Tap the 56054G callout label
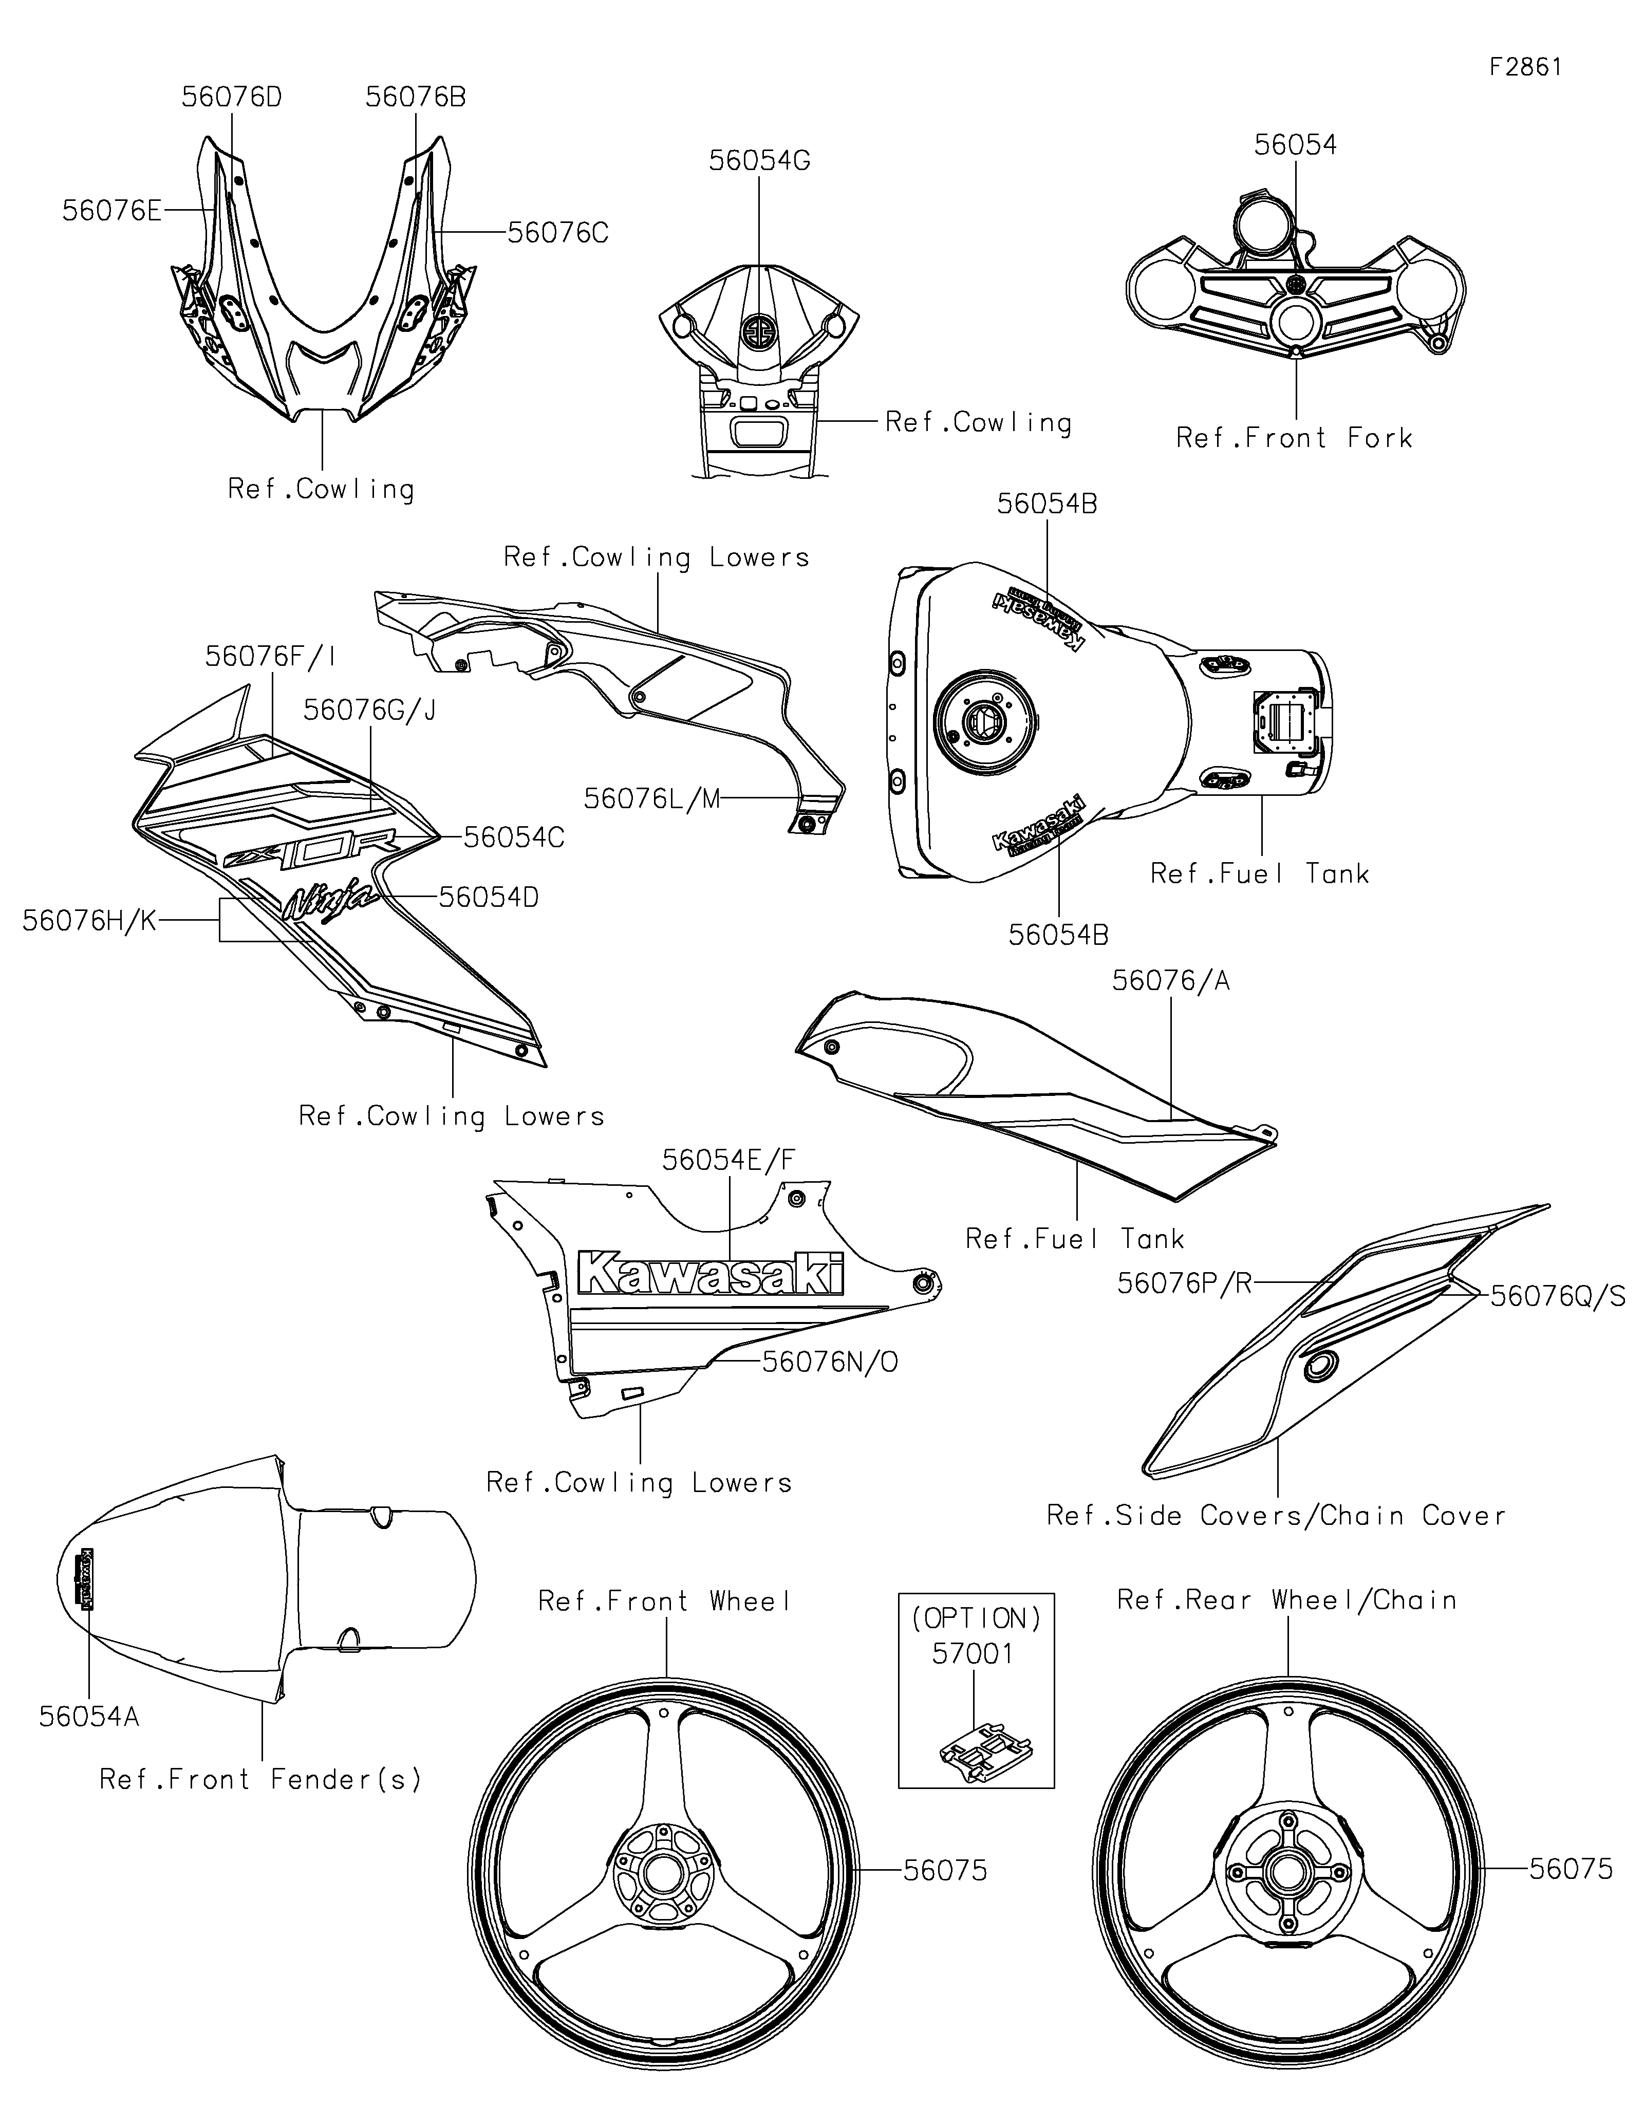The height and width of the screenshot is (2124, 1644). [x=759, y=160]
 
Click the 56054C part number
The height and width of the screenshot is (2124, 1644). [x=513, y=837]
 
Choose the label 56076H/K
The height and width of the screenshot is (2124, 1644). [x=89, y=921]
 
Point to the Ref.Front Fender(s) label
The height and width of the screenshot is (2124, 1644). [x=260, y=1780]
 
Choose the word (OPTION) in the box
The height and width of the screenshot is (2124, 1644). [x=975, y=1618]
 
